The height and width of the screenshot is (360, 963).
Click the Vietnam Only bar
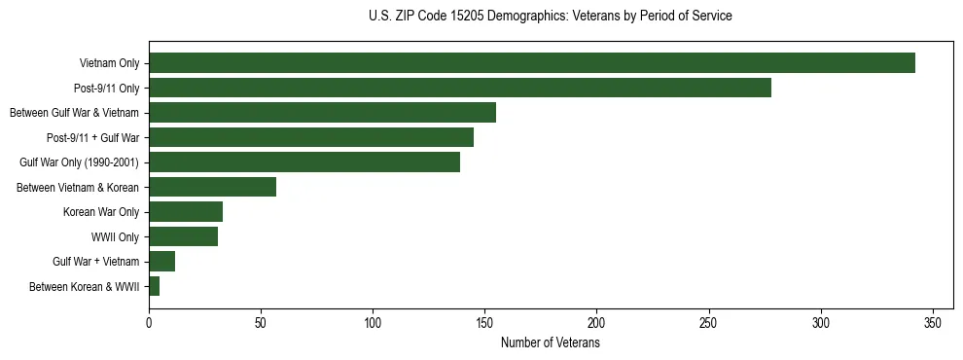tap(532, 63)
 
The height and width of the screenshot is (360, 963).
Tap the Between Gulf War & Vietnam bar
tap(322, 113)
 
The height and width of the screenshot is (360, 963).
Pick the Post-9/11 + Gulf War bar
tap(311, 137)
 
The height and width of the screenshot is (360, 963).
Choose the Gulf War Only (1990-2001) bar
tap(304, 162)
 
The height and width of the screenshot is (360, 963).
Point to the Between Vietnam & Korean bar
tap(212, 187)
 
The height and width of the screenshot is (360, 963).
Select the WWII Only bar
tap(184, 236)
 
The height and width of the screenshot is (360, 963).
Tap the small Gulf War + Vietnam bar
tap(162, 262)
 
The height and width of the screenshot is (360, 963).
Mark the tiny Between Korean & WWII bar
tap(155, 286)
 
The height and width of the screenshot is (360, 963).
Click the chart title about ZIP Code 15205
tap(551, 17)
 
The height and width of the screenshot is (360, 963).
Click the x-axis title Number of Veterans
tap(551, 343)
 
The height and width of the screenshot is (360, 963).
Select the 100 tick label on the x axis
tap(373, 322)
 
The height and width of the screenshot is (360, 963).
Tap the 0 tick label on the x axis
tap(149, 322)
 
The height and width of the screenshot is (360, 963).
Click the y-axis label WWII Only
tap(115, 236)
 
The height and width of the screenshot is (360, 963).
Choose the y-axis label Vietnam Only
tap(109, 63)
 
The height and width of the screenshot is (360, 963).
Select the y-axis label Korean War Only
tap(101, 212)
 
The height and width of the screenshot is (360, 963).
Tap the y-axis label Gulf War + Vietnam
tap(96, 262)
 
